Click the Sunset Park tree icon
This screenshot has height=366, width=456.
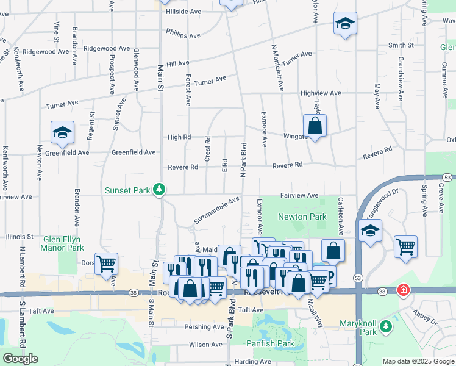click(159, 190)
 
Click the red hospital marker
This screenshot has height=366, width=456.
click(402, 290)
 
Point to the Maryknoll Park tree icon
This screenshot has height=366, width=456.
click(385, 328)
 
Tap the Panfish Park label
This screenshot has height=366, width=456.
click(271, 344)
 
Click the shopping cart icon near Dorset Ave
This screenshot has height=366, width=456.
click(107, 264)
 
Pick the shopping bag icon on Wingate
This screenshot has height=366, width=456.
click(315, 127)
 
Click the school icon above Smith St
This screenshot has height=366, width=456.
click(345, 24)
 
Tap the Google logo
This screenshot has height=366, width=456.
click(20, 358)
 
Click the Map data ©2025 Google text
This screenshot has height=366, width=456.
click(418, 361)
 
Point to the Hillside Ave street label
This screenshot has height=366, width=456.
click(179, 12)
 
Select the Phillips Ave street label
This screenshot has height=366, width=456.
click(183, 35)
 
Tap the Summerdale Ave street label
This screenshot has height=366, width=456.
click(217, 209)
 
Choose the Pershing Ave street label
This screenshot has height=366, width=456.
click(204, 327)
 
